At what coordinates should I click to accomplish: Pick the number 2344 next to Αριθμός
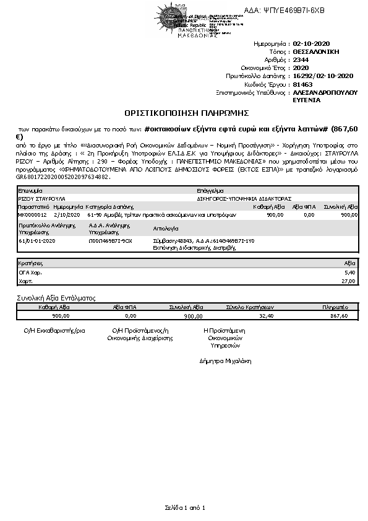[x=301, y=60]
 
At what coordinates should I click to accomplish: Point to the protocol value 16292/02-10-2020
[x=322, y=76]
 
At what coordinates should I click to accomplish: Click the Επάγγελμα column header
[x=210, y=191]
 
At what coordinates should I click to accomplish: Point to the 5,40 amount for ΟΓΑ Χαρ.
[x=349, y=272]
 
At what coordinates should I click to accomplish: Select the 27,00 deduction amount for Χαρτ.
[x=348, y=281]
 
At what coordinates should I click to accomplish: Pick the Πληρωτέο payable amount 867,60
[x=340, y=315]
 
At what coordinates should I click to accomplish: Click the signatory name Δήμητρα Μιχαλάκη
[x=225, y=361]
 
